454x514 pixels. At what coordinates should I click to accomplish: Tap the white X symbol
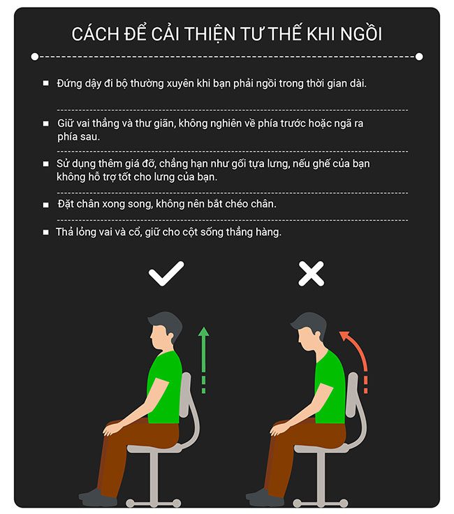[311, 274]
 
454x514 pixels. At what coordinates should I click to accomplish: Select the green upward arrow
[203, 360]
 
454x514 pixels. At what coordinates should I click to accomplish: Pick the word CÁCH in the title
[96, 34]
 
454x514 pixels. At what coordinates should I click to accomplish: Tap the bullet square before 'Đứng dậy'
[46, 83]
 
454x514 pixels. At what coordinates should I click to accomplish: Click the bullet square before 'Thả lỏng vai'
[46, 232]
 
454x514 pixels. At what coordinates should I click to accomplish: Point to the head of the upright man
[164, 331]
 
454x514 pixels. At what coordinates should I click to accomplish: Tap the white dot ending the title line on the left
[35, 57]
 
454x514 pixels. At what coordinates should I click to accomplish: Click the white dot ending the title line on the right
[419, 57]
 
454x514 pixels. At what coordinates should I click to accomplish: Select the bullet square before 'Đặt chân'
[46, 205]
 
